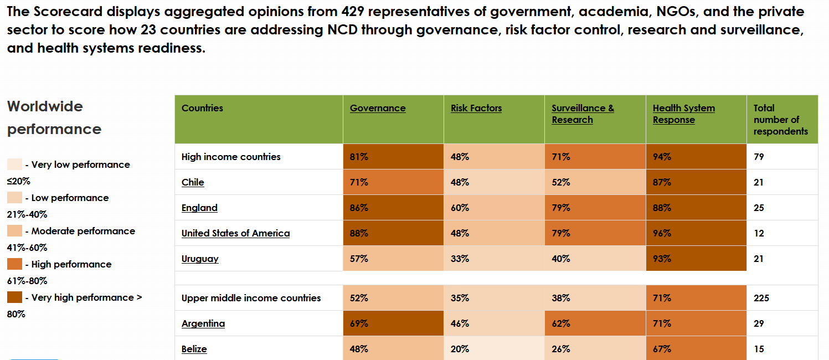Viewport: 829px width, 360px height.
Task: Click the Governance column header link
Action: (x=378, y=109)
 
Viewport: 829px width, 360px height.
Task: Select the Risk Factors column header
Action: (x=476, y=109)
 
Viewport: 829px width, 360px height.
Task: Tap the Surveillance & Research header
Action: (x=583, y=114)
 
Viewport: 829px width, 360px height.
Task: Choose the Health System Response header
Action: (x=683, y=114)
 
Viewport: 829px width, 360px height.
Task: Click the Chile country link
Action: (x=193, y=183)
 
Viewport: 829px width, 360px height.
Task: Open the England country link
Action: (x=199, y=208)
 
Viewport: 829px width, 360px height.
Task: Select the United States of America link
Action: (x=235, y=234)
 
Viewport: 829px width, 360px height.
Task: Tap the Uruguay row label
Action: (x=200, y=259)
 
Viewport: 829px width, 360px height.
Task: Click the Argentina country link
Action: (x=203, y=324)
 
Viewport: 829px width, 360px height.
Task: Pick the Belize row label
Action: (x=194, y=349)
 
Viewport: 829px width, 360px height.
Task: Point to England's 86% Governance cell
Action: (x=393, y=208)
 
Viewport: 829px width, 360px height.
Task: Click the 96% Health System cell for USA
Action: (x=696, y=233)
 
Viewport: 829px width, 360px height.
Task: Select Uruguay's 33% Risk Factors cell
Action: (x=494, y=259)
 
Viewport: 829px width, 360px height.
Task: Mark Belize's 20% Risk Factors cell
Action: (x=494, y=349)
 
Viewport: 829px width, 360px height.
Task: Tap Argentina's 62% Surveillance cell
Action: (x=595, y=323)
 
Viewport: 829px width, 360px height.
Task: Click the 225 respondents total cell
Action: (x=761, y=298)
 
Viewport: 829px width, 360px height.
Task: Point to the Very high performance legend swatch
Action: (x=15, y=297)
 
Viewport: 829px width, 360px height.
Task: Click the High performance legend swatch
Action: (x=15, y=264)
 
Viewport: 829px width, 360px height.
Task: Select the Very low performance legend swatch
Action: (x=15, y=164)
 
